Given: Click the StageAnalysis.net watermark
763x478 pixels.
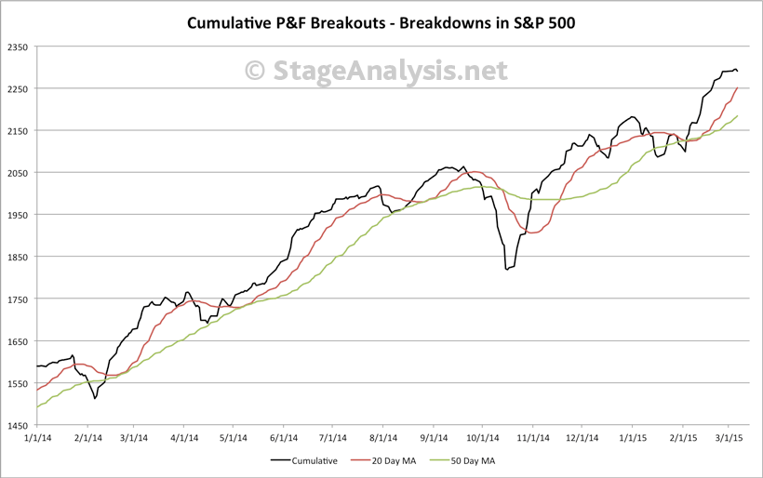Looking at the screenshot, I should [376, 71].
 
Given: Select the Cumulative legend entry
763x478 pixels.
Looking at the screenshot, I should [306, 459].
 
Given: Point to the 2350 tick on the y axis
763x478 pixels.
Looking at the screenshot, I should [18, 46].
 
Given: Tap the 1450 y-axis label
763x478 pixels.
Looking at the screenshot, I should [18, 425].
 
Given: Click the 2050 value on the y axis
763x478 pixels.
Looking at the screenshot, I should [18, 173].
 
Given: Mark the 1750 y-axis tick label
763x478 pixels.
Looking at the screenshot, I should [18, 299].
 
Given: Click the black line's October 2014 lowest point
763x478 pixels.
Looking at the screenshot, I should [506, 270].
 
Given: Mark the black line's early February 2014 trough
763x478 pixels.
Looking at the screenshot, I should [95, 399].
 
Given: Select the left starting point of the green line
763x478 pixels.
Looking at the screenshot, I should [37, 407].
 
